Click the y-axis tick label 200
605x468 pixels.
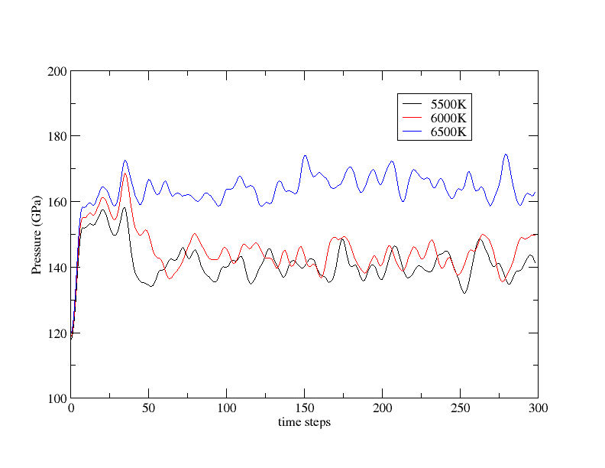point(58,71)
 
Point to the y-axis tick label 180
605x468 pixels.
point(58,136)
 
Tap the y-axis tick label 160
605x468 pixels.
point(58,202)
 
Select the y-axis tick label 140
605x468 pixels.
point(58,268)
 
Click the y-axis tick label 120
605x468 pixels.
point(58,333)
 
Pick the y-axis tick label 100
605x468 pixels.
point(58,398)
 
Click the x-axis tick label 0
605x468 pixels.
point(70,409)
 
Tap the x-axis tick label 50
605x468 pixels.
point(148,409)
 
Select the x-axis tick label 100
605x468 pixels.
point(226,409)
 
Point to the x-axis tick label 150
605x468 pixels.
point(304,409)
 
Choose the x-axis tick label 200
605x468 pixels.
point(382,409)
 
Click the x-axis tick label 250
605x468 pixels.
point(460,409)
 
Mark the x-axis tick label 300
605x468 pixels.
point(538,409)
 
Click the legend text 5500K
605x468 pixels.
point(448,103)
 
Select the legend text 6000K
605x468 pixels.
point(448,118)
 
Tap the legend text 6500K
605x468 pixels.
point(448,132)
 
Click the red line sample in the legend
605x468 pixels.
point(412,118)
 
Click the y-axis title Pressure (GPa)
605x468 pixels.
point(36,234)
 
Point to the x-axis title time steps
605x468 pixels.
point(304,422)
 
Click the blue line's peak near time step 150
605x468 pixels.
point(305,155)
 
